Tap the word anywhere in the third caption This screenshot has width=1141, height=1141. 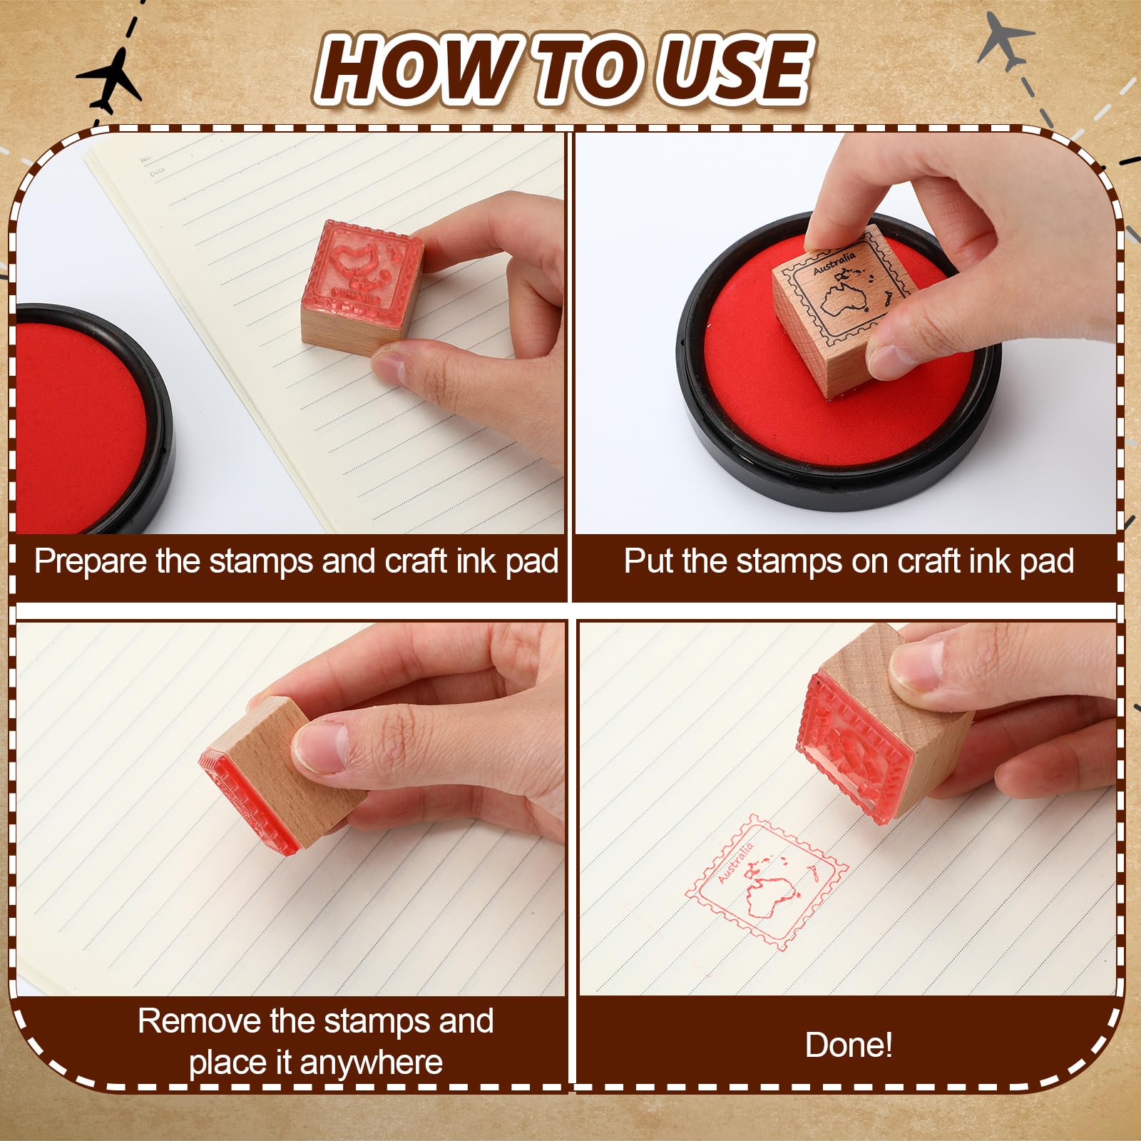(372, 1063)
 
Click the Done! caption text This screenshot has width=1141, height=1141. (849, 1045)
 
